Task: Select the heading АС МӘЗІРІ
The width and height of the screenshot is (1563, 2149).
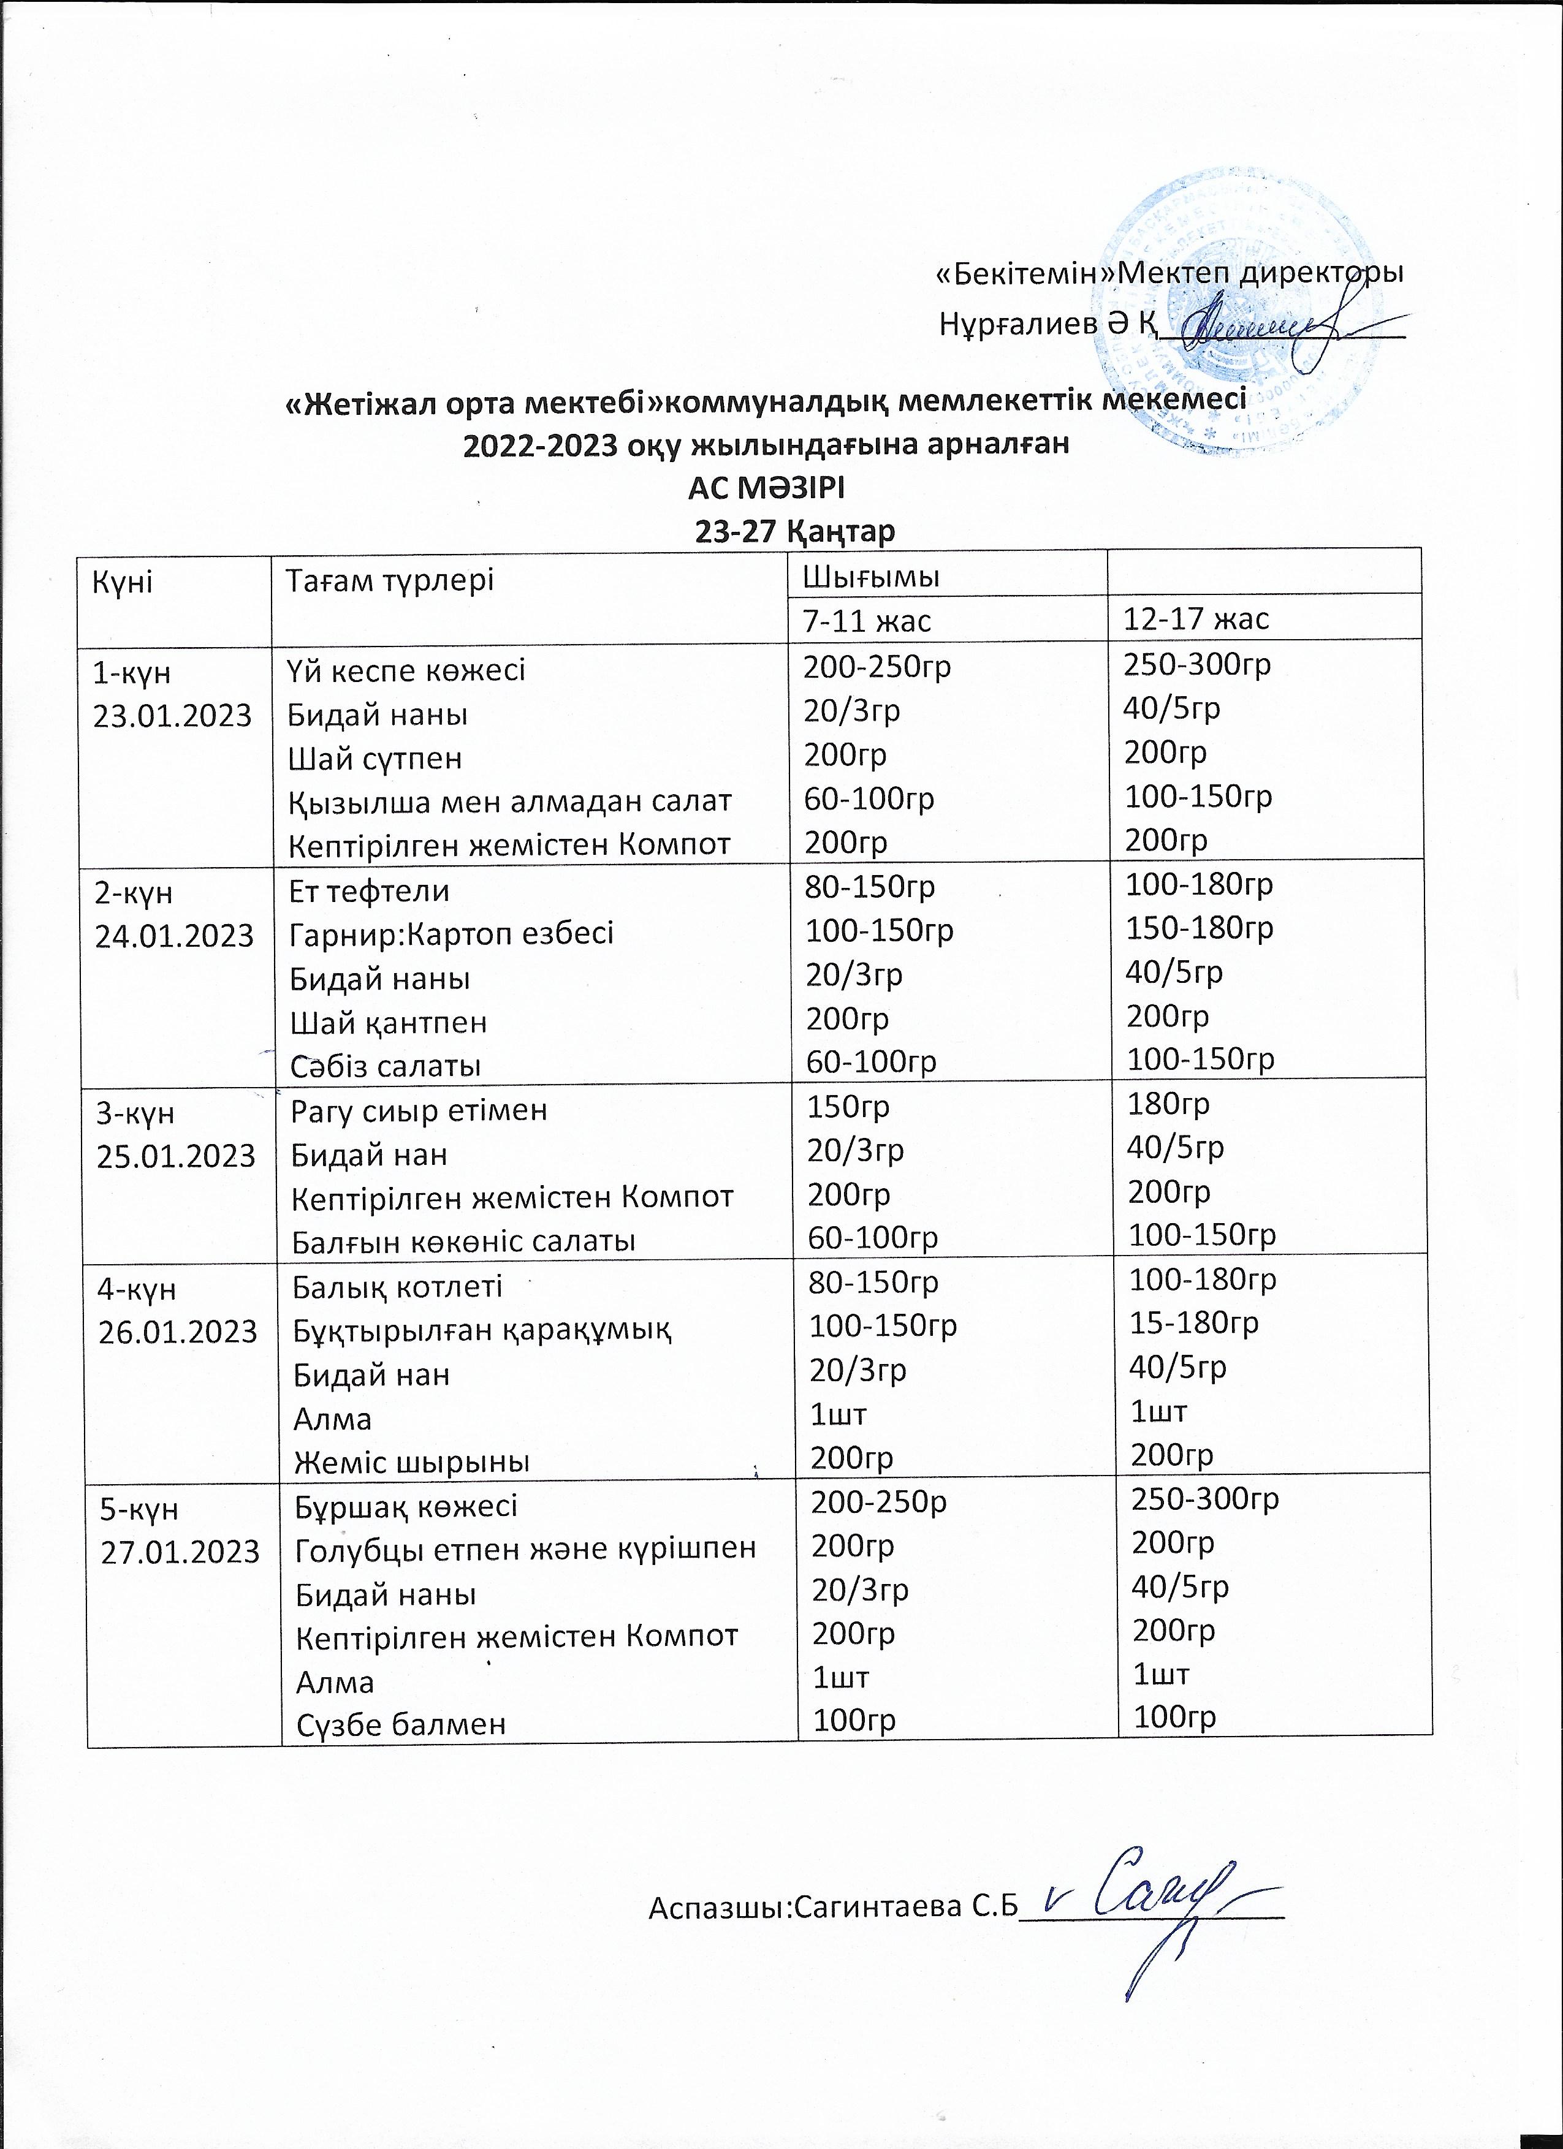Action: point(766,489)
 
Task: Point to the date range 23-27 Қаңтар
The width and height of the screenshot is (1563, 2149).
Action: point(795,531)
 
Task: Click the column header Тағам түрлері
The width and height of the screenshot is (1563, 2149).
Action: point(390,580)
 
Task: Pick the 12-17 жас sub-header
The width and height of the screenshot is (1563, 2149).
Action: point(1196,619)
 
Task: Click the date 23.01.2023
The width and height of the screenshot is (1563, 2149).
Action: point(172,714)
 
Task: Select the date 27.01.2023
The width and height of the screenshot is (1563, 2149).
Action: point(180,1551)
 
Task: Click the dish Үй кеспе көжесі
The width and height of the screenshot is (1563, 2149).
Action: point(406,670)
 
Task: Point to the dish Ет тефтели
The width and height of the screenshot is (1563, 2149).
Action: point(370,891)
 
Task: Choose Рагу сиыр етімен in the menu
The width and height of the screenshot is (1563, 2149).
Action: point(419,1110)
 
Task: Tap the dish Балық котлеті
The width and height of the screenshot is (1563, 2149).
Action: point(398,1287)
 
